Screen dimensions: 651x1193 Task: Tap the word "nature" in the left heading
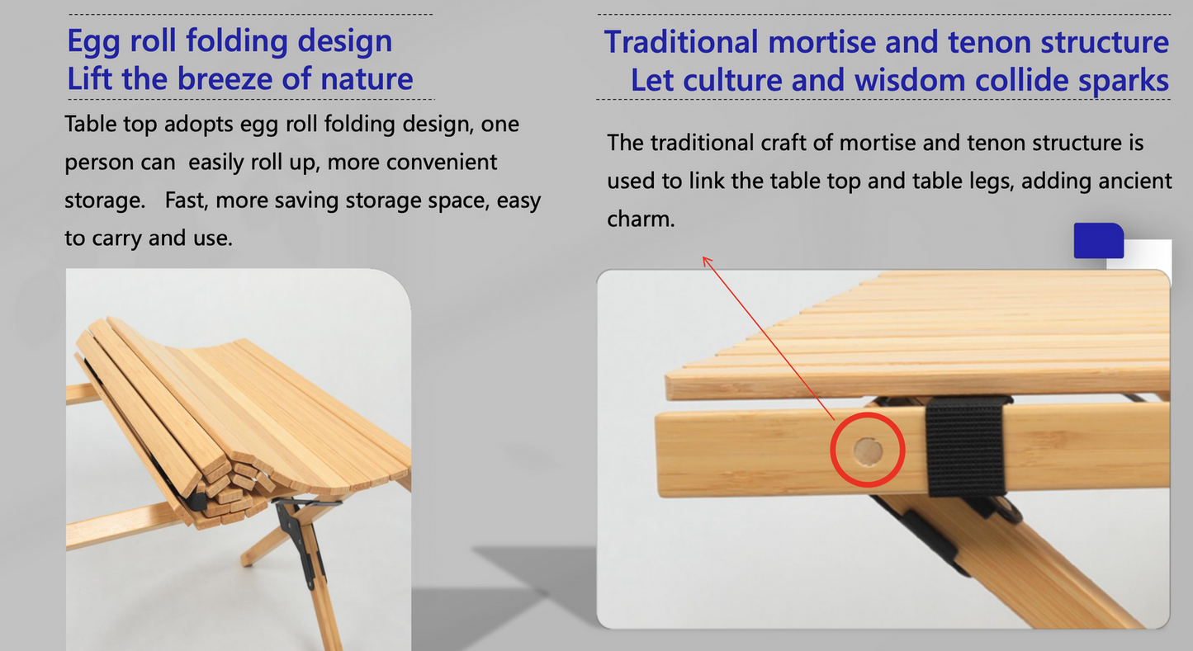tap(367, 79)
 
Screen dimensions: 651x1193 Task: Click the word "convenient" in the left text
tap(442, 163)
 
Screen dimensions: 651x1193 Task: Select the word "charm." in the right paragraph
tap(641, 219)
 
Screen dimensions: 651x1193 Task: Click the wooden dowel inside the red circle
tap(867, 451)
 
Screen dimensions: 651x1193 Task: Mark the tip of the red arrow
tap(703, 257)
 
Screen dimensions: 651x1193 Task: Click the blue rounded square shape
tap(1098, 241)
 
